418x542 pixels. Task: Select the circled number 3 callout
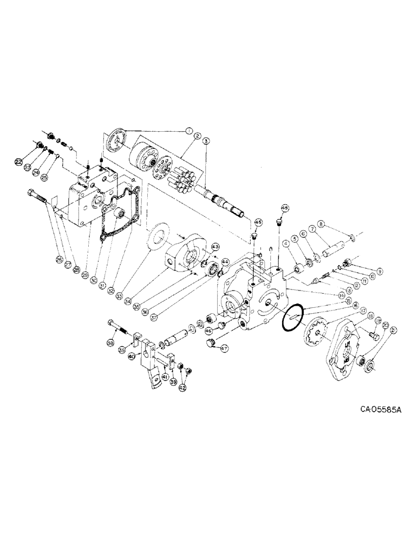206,141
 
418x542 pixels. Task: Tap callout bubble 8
321,223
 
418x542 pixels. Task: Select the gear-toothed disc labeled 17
316,332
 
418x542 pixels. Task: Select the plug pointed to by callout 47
211,345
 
